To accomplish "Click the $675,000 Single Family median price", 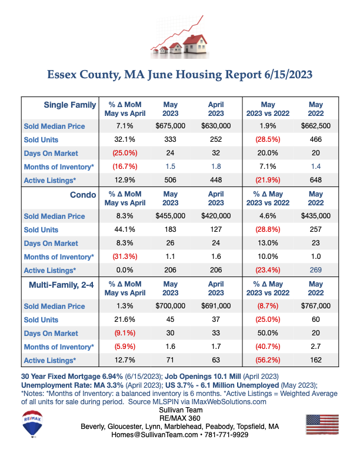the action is pyautogui.click(x=170, y=126).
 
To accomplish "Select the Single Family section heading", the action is pyautogui.click(x=70, y=105).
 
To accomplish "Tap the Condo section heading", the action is pyautogui.click(x=83, y=195).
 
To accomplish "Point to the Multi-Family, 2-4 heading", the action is pyautogui.click(x=61, y=285).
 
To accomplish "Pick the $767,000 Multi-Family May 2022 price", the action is pyautogui.click(x=315, y=306).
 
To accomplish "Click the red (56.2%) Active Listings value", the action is pyautogui.click(x=268, y=360).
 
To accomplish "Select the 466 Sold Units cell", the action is pyautogui.click(x=315, y=139).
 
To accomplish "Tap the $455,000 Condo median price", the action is pyautogui.click(x=170, y=216).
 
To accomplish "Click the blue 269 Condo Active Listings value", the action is pyautogui.click(x=315, y=270).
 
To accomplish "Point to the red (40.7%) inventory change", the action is pyautogui.click(x=268, y=347).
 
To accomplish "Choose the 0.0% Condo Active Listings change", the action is pyautogui.click(x=125, y=270).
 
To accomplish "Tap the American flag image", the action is pyautogui.click(x=322, y=424).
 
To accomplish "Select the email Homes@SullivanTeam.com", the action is pyautogui.click(x=155, y=435).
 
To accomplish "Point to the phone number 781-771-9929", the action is pyautogui.click(x=226, y=435).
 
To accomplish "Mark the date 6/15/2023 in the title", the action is pyautogui.click(x=288, y=75).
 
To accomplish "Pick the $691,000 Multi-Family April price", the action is pyautogui.click(x=216, y=306).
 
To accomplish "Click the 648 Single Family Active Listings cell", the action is pyautogui.click(x=315, y=180).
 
